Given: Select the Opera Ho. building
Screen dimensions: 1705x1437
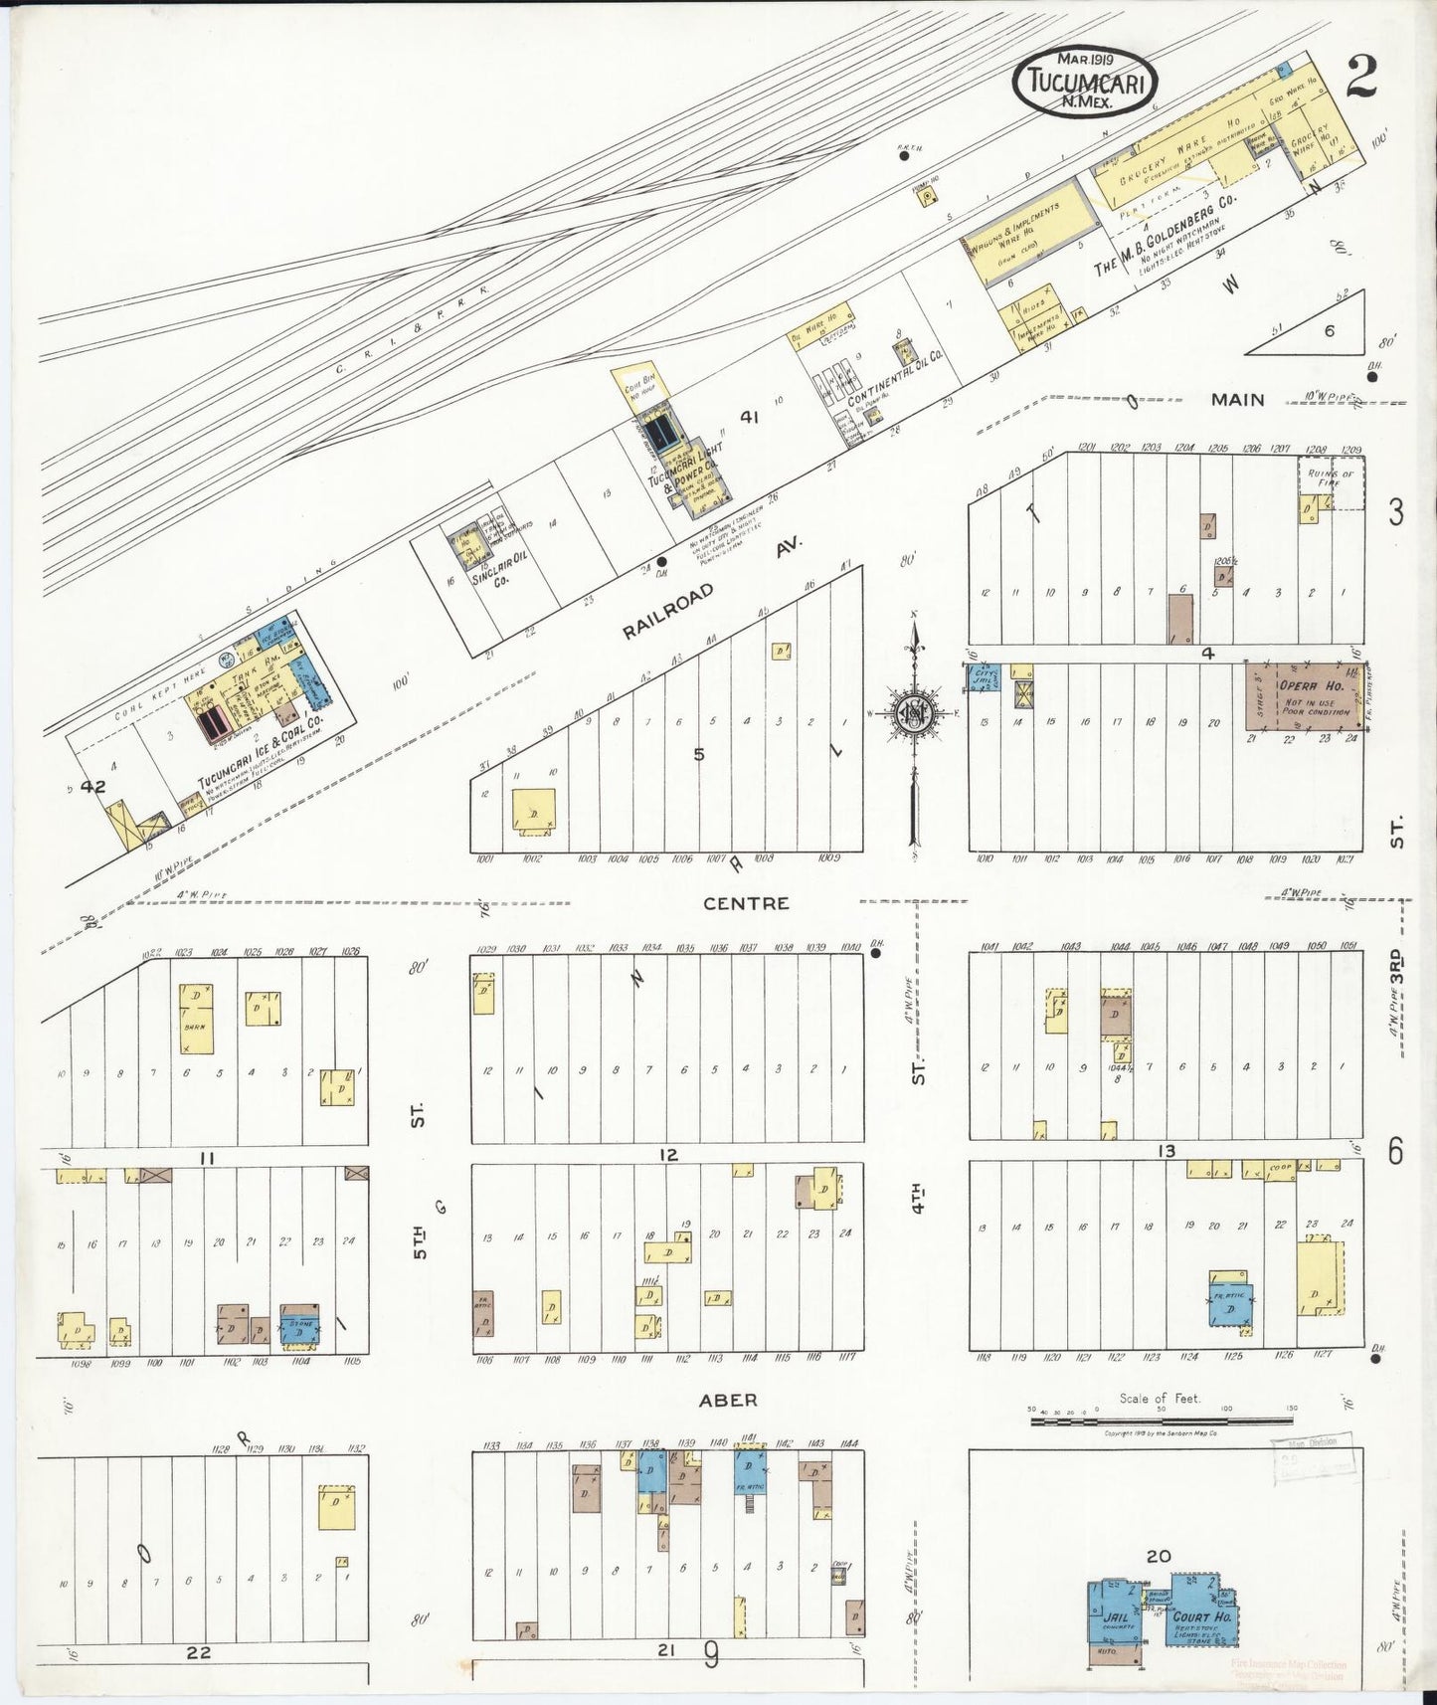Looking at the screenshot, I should [x=1305, y=697].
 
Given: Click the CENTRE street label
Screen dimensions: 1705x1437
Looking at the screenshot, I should [x=745, y=903].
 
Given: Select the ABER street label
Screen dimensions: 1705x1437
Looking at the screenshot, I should [x=728, y=1400].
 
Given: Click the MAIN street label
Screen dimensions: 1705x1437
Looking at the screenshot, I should [x=1237, y=400].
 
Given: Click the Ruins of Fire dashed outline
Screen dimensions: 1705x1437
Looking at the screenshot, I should [x=1333, y=483].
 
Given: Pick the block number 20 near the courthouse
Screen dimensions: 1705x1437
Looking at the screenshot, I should [x=1159, y=1556].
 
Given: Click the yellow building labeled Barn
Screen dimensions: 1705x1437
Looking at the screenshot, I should [x=196, y=1018].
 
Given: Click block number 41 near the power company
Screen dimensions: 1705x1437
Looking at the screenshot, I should [x=749, y=418].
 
